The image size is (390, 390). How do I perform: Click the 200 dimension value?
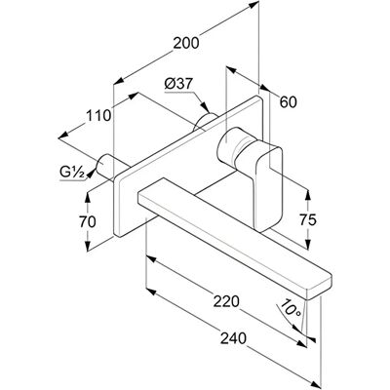tap(185, 43)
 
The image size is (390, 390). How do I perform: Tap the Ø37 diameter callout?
tap(178, 85)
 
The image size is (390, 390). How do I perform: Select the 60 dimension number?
tap(289, 102)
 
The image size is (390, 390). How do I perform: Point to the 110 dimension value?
tap(98, 115)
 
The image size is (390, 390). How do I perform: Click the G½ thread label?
tap(72, 173)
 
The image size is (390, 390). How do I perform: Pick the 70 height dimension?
tap(88, 222)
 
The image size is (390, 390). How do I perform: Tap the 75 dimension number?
tap(307, 220)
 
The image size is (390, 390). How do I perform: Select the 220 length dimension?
tap(226, 301)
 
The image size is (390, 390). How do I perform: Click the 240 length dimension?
tap(233, 338)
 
